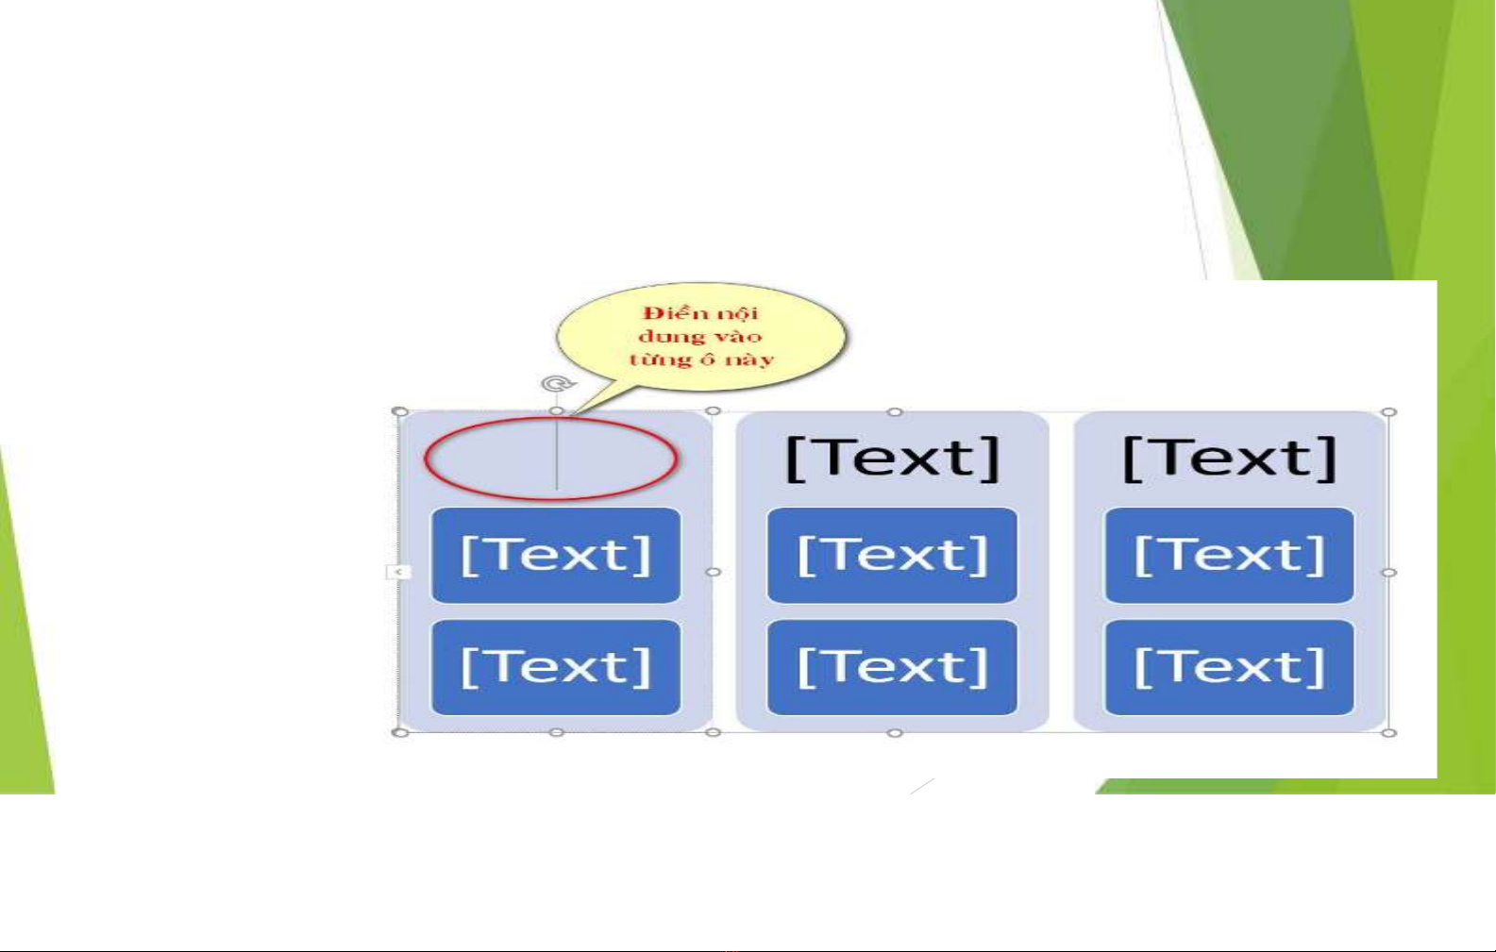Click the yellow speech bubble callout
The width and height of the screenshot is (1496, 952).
click(700, 337)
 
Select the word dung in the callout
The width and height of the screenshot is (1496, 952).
click(667, 337)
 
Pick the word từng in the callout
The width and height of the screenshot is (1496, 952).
click(653, 360)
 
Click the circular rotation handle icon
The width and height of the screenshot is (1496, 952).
click(557, 384)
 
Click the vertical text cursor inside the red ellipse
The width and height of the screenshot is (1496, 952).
click(556, 452)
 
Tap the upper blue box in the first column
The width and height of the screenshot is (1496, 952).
click(556, 556)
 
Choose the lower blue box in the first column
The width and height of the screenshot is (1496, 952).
click(556, 667)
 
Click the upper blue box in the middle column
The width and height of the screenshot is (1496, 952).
click(892, 556)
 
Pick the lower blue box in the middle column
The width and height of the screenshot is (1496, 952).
click(892, 667)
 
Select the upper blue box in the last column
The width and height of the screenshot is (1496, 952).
click(1230, 556)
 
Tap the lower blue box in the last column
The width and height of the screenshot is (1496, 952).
click(1230, 667)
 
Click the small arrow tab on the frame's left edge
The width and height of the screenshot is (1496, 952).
click(398, 572)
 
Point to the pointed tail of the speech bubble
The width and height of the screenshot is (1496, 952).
click(572, 415)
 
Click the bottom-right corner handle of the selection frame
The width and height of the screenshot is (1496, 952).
click(1389, 733)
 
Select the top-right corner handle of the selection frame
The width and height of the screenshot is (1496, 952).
click(1389, 412)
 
